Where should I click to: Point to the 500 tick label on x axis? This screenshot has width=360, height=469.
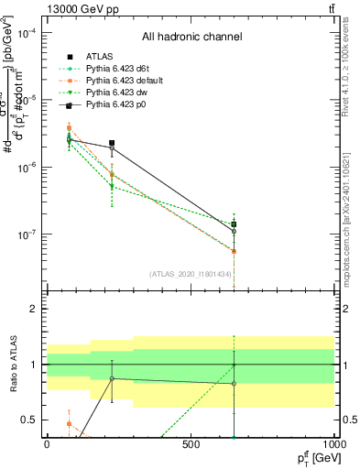191,444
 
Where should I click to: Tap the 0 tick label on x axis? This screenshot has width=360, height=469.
47,444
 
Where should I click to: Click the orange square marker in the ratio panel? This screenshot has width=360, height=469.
69,423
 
